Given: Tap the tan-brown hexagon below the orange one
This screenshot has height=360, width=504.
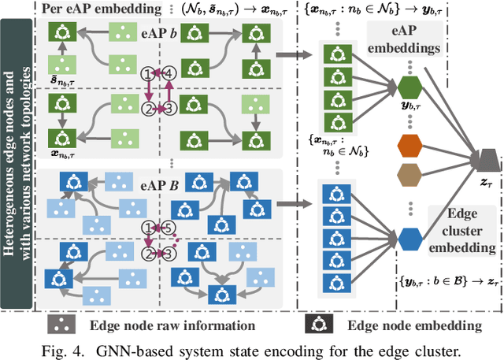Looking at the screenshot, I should [x=410, y=174].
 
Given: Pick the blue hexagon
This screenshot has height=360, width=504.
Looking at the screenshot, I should [x=410, y=237].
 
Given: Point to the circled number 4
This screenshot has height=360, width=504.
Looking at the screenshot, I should [x=167, y=73].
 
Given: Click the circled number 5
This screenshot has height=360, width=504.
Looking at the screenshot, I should [x=167, y=228].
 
